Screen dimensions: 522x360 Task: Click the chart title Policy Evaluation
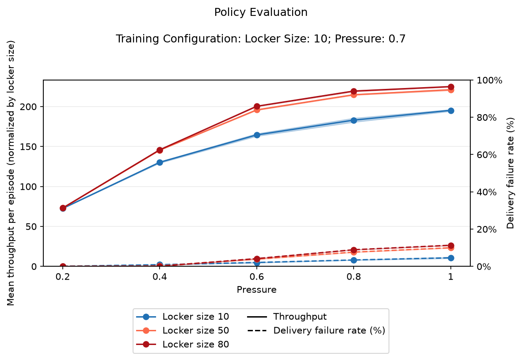click(x=261, y=12)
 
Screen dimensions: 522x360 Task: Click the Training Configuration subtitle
click(x=261, y=39)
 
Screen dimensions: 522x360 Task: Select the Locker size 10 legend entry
click(x=183, y=316)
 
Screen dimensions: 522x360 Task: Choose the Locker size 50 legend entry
click(x=183, y=330)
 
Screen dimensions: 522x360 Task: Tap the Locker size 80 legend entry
click(x=183, y=345)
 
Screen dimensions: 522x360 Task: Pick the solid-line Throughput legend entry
click(x=287, y=316)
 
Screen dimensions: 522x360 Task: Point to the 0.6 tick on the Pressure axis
click(x=257, y=277)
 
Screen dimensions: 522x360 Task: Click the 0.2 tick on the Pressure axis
click(x=63, y=277)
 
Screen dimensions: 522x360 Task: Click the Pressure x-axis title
click(x=257, y=290)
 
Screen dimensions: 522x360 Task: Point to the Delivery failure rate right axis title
click(x=511, y=173)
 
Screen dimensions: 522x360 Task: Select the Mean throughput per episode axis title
click(x=11, y=173)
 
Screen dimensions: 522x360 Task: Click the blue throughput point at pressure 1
click(x=451, y=111)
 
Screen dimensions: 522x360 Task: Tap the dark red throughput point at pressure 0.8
click(x=354, y=92)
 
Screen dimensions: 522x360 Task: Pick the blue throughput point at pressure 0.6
click(x=257, y=135)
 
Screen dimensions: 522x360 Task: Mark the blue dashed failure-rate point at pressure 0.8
click(x=354, y=260)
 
